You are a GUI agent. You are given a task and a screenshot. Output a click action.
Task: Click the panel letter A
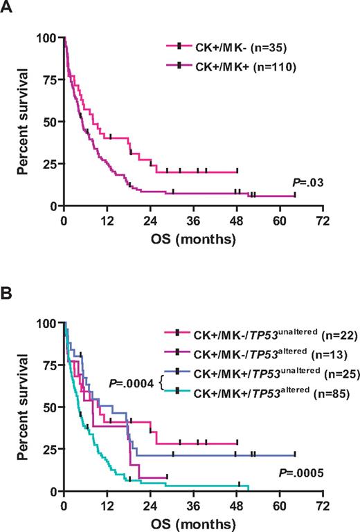pyautogui.click(x=10, y=9)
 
